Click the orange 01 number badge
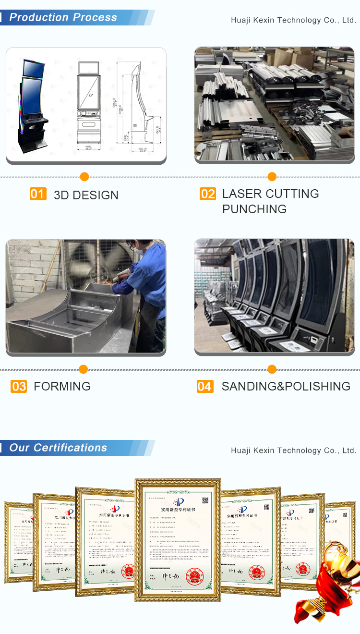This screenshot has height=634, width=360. [38, 194]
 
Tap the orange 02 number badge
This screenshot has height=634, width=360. [208, 194]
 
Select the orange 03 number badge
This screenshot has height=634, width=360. [19, 387]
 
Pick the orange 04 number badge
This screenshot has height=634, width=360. [205, 387]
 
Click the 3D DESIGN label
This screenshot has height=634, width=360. [86, 195]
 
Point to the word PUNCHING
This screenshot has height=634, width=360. [254, 209]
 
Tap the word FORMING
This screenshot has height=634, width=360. [62, 386]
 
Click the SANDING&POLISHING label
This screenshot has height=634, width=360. [286, 386]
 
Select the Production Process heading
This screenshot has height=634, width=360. [63, 18]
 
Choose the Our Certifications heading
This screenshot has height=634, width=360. [58, 448]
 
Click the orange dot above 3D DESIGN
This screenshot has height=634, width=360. [84, 177]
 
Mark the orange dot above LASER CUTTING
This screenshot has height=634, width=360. [272, 177]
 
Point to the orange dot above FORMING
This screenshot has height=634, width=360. [83, 369]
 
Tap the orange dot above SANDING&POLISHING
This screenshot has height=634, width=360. [272, 369]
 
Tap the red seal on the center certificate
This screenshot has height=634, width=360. [194, 577]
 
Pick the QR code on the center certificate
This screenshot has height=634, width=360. [205, 500]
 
